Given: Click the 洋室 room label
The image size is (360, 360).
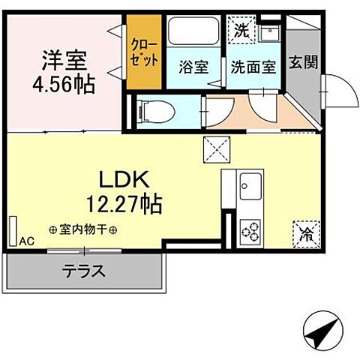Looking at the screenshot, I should pos(65,58).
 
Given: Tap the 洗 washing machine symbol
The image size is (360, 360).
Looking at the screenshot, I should pos(241,31).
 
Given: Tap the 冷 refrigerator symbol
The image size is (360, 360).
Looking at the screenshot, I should pos(305,232).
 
